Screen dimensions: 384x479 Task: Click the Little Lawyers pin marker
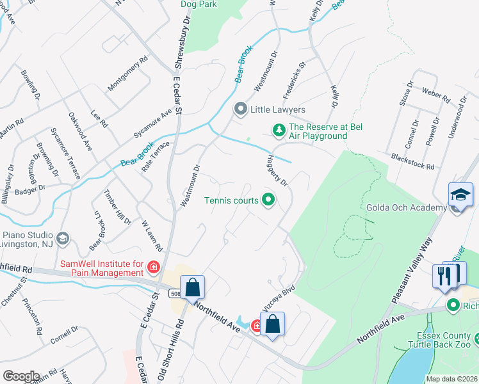pos(241,109)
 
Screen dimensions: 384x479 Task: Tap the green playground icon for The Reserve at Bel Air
pos(279,131)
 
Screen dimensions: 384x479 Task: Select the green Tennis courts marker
pos(268,200)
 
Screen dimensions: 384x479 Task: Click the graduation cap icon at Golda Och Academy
pos(460,195)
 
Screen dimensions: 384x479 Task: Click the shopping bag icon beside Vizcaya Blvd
pos(273,324)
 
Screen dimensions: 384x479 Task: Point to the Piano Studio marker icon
pos(62,238)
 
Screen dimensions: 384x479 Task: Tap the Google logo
pos(20,376)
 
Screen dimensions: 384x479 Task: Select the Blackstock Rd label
pos(412,161)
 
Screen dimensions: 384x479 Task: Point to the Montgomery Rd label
pos(128,73)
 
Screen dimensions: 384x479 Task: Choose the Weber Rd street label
pos(436,95)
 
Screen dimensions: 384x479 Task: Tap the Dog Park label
pos(199,4)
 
